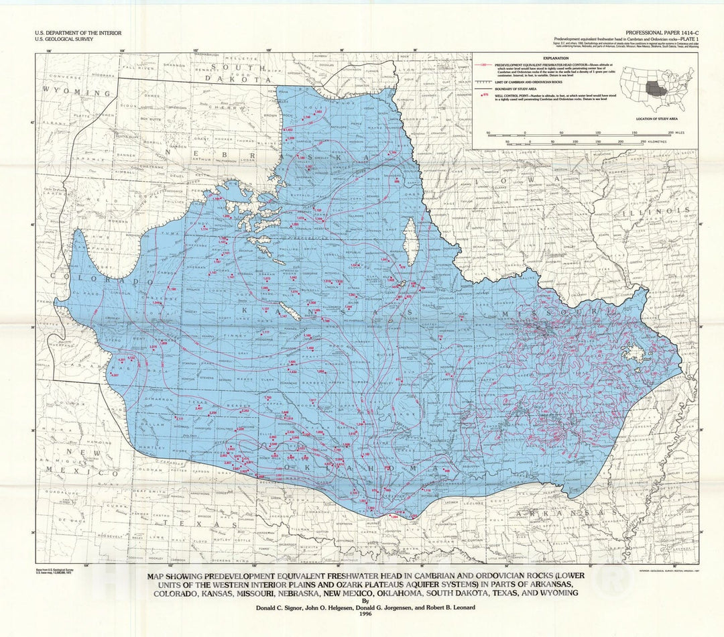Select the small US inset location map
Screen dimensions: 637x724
tap(656, 88)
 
